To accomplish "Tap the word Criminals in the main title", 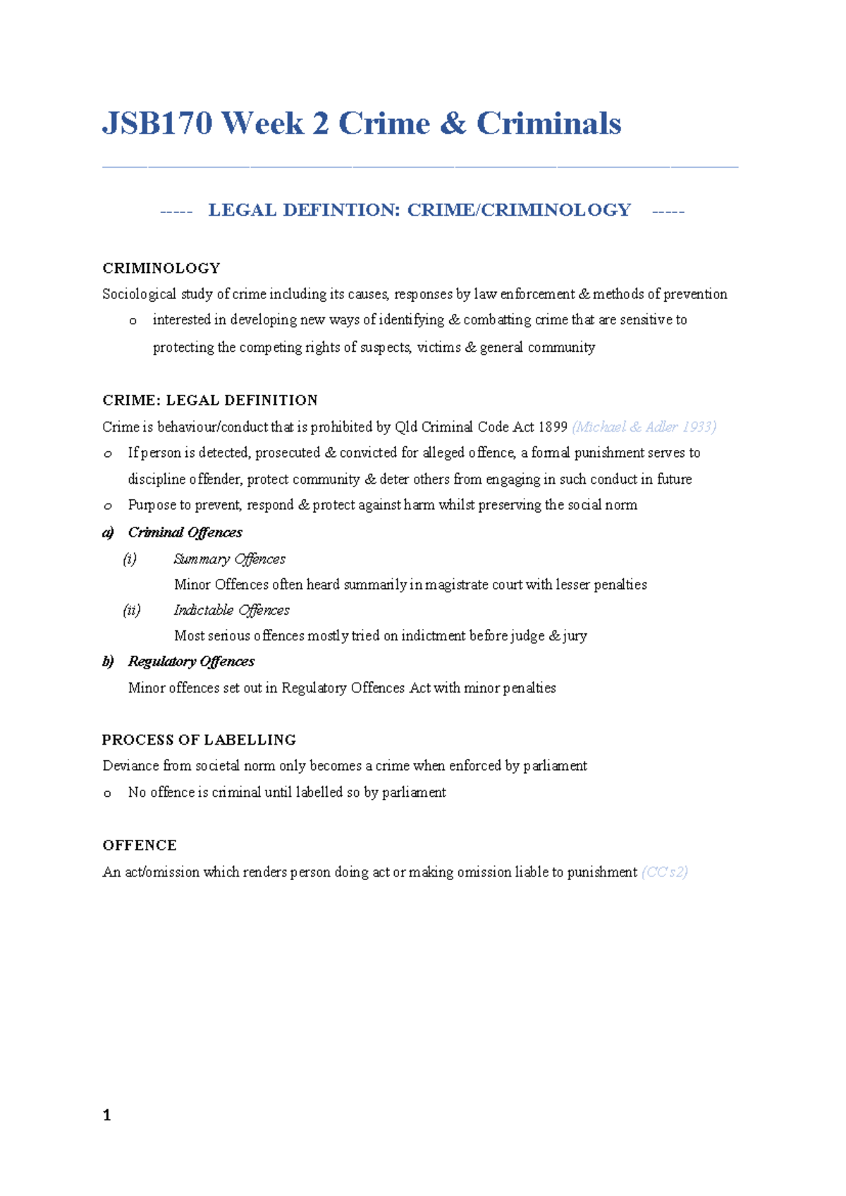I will [x=548, y=123].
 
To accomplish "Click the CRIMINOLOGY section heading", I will [x=161, y=268].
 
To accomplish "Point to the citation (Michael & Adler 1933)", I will [x=644, y=427].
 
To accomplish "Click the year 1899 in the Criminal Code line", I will [x=552, y=427].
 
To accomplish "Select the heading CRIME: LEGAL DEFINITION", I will [x=209, y=400].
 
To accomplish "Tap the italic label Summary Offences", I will [x=229, y=559].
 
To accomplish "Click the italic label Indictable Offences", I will [x=231, y=610].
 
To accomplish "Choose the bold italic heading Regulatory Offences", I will [x=190, y=661].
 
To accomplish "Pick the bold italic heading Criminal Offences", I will [x=185, y=532].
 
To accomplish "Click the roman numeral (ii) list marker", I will [x=132, y=610].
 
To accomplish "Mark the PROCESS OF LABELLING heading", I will [x=199, y=740].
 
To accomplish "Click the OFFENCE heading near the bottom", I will [x=139, y=845].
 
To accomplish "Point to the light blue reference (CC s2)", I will [x=664, y=872].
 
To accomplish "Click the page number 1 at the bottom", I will [x=106, y=1115].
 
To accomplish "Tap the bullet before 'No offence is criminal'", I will [x=107, y=793].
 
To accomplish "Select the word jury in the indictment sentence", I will [x=575, y=636].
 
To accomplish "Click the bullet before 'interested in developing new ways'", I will [x=133, y=321].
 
